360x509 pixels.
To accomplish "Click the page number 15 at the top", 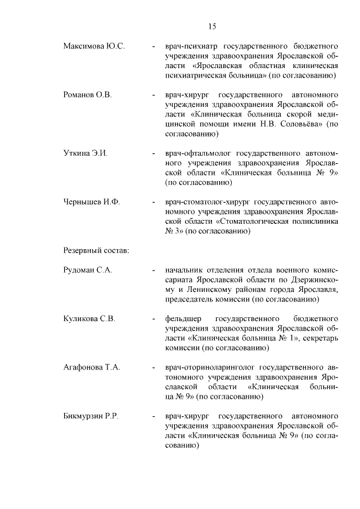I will [211, 26].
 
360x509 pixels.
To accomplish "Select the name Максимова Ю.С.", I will [94, 45].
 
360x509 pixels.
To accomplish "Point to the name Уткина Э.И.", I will [85, 152].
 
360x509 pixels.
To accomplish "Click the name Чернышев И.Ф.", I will [92, 201].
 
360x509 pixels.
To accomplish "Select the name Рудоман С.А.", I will [88, 270].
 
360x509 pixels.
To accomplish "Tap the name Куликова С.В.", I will [89, 319].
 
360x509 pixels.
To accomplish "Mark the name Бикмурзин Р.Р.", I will [94, 417].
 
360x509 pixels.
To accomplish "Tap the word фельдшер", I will [181, 319].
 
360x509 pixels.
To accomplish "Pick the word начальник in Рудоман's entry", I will [184, 270].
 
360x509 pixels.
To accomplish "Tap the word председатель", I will [190, 299].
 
